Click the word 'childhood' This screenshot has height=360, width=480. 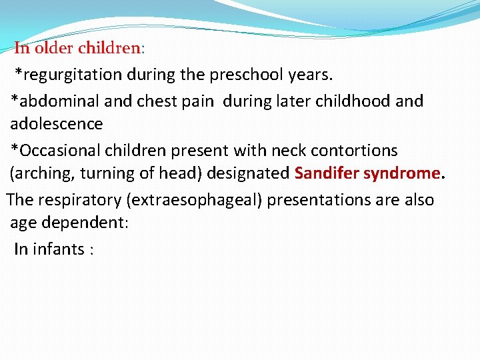(x=352, y=101)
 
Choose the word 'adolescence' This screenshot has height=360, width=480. (x=57, y=124)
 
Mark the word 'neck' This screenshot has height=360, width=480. (x=289, y=150)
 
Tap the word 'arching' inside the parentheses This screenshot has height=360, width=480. (x=43, y=174)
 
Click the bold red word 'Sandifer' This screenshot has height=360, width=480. (x=326, y=174)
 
